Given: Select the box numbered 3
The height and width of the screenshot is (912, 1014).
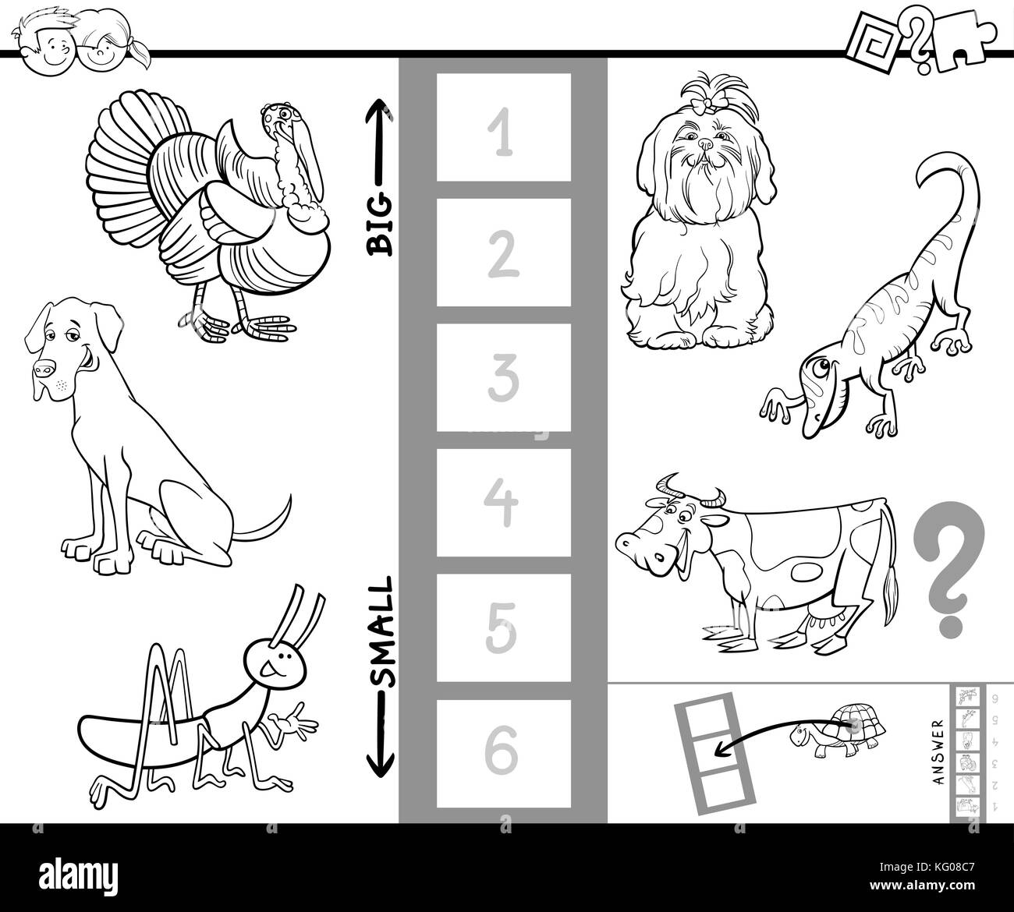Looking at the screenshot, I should coord(503,377).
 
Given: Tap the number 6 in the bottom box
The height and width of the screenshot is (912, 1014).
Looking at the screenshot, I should coord(503,752).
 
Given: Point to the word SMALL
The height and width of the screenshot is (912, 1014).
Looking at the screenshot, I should coord(383,631).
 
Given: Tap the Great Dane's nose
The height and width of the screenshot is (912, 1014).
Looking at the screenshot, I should coord(44,369).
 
